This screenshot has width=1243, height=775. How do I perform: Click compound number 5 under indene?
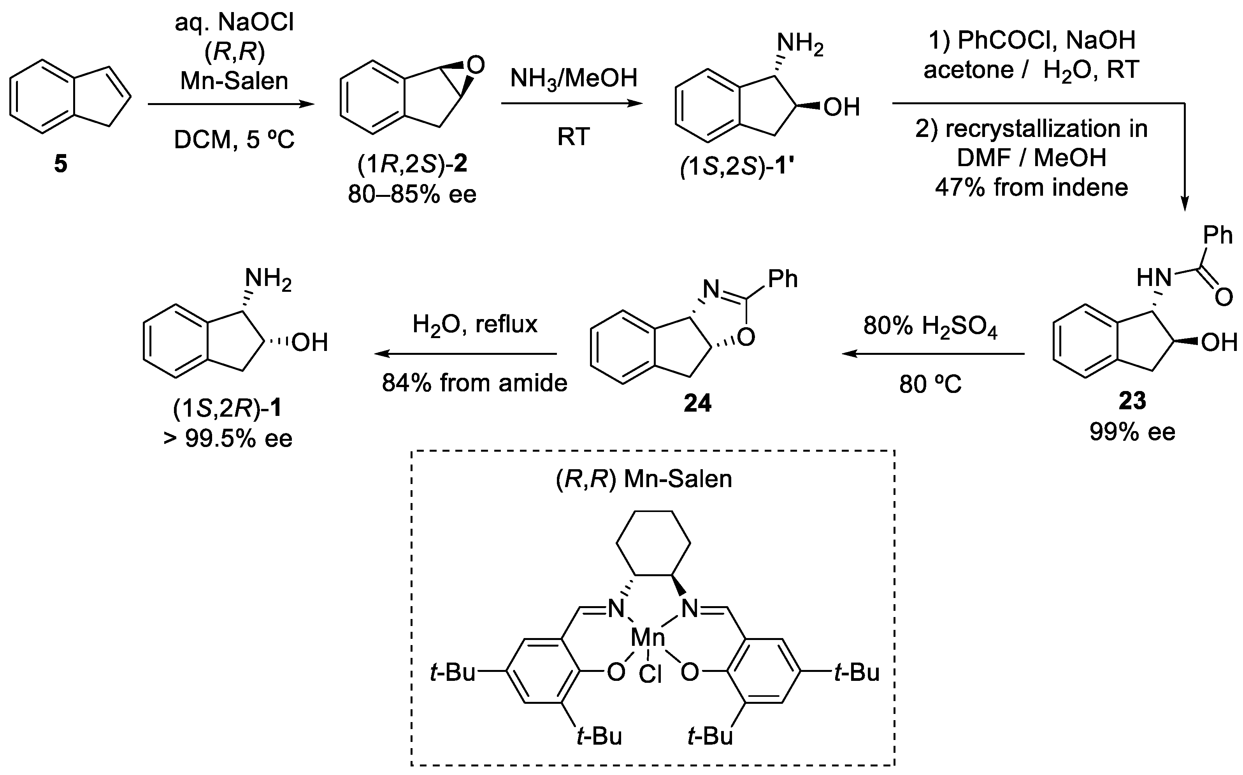[60, 165]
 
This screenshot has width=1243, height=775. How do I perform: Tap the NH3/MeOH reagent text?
[574, 79]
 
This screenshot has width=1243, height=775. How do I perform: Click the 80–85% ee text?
[412, 194]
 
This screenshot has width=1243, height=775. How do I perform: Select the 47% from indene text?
[1031, 188]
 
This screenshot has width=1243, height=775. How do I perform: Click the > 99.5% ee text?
[228, 438]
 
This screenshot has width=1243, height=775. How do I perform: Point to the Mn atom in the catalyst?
[648, 638]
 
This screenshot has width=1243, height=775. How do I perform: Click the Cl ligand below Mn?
[650, 675]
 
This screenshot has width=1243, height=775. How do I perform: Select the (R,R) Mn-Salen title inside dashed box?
[644, 479]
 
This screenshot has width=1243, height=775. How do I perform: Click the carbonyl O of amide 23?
[1224, 297]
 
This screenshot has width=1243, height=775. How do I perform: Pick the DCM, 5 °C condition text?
[234, 139]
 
